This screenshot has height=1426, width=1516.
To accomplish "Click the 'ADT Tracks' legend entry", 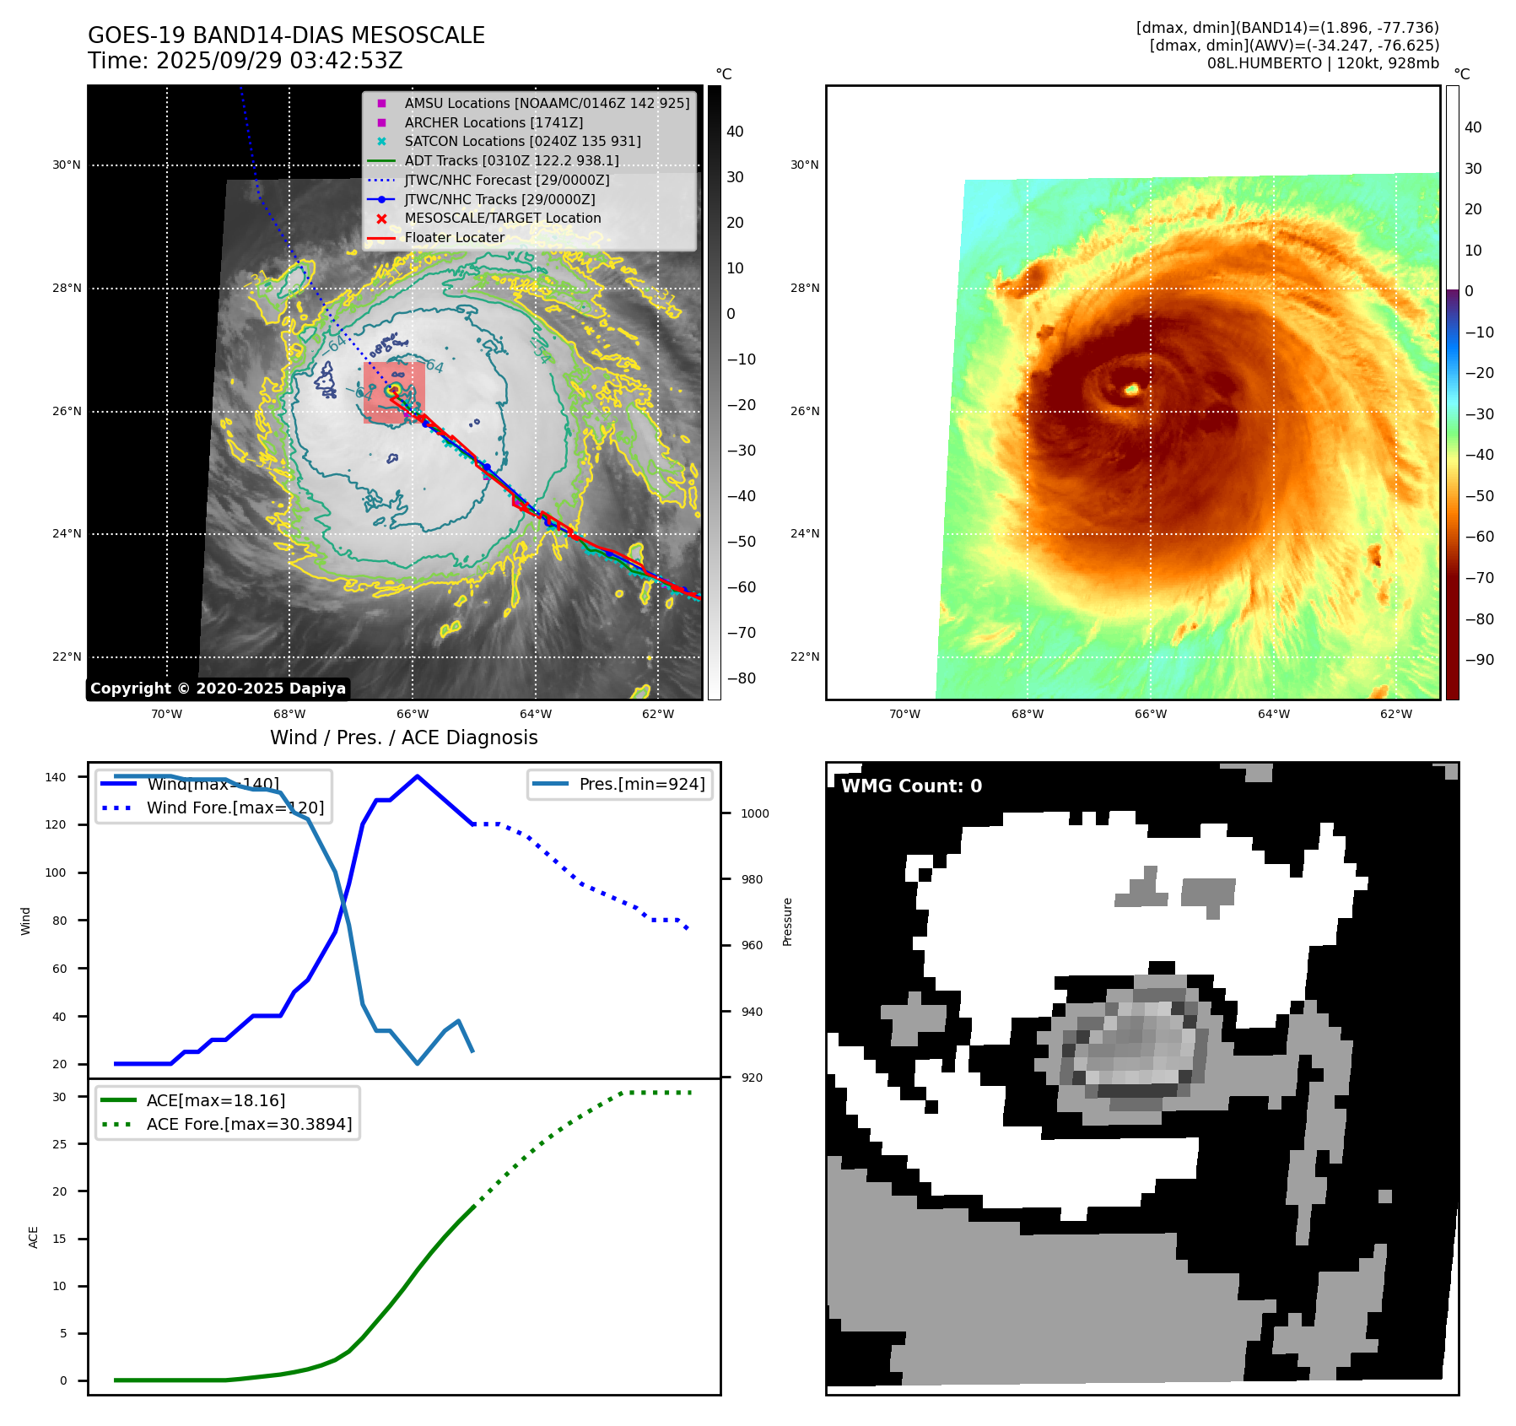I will [511, 160].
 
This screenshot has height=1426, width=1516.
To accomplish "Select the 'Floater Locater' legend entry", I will [454, 237].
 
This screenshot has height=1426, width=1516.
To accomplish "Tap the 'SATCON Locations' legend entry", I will [522, 141].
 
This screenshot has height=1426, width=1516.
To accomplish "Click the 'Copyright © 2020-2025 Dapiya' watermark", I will [218, 689].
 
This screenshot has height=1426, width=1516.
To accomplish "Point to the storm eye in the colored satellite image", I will [1132, 389].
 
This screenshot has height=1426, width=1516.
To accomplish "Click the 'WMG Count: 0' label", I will [911, 786].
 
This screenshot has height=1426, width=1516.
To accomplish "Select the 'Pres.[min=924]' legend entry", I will [641, 784].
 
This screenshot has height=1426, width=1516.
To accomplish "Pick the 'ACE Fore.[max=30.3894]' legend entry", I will [249, 1124].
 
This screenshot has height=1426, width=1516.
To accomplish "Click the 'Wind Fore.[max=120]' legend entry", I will [235, 808].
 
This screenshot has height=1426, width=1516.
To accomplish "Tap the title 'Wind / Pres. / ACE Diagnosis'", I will [403, 737].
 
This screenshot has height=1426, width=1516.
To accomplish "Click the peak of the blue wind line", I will [418, 776].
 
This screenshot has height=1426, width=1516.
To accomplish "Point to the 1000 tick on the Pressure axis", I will [754, 813].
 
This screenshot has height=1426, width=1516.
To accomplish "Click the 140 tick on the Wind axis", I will [56, 777].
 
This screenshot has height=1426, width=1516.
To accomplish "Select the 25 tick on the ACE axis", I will [59, 1144].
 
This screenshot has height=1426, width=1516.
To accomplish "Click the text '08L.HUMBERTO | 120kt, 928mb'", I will [1322, 63].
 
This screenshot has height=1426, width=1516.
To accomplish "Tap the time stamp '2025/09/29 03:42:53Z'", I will [279, 61].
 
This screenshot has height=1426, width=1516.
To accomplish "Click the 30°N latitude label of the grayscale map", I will [67, 165].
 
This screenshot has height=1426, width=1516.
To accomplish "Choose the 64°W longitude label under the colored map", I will [1273, 714].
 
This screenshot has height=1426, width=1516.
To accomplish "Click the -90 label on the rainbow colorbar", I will [1479, 660].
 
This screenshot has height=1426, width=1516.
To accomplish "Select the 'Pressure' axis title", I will [787, 921].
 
